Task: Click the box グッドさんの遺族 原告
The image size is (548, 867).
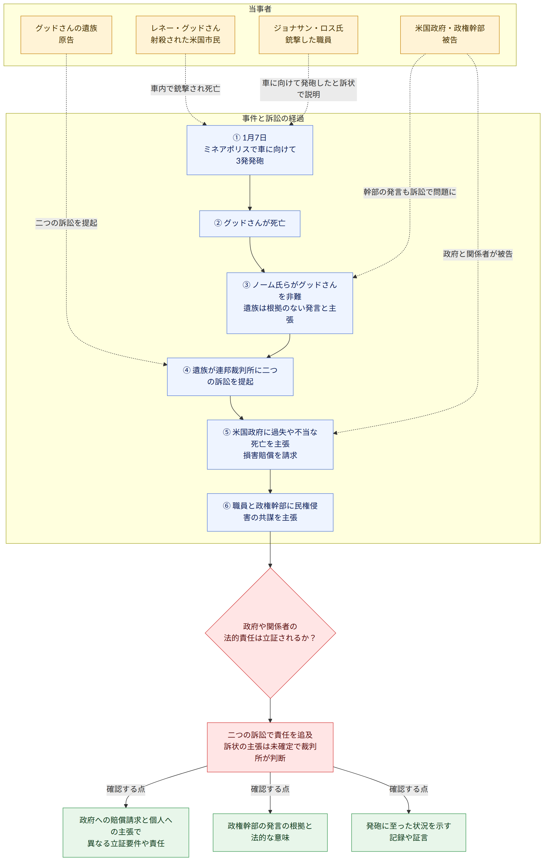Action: [66, 35]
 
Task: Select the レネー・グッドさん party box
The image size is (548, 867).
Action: [186, 35]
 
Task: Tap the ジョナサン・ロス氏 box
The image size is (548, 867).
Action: [309, 35]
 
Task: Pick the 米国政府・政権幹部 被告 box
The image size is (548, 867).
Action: [450, 35]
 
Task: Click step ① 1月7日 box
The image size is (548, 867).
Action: [250, 150]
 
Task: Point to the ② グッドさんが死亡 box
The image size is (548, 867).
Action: [250, 224]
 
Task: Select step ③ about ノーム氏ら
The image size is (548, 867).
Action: [290, 303]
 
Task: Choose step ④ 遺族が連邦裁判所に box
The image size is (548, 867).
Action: [230, 377]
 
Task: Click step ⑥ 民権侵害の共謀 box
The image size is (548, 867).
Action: [270, 512]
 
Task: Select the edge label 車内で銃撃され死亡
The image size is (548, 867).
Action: [186, 89]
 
